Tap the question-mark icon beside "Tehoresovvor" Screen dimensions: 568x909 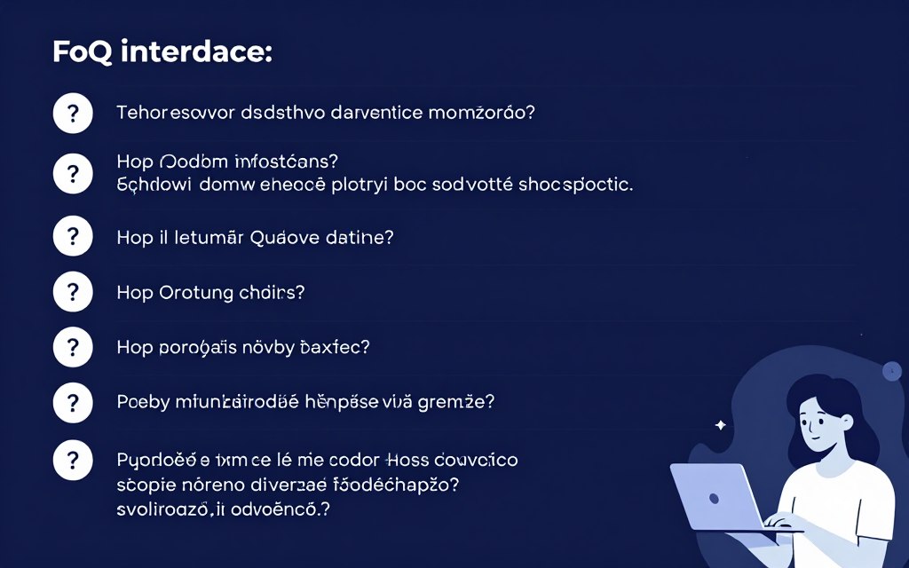pos(73,114)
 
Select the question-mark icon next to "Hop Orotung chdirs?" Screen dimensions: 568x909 pos(73,291)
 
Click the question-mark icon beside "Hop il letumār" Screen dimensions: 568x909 pos(73,237)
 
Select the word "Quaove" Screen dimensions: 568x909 pos(291,238)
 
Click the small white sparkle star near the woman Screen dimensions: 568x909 pos(720,426)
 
